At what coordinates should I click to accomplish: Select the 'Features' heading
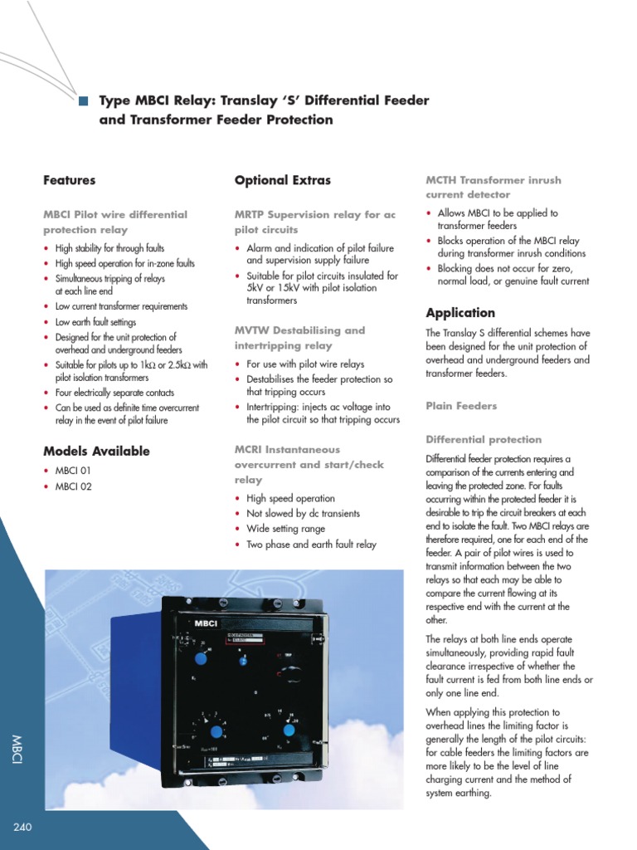pyautogui.click(x=69, y=180)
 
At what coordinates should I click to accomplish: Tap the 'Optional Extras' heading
pyautogui.click(x=282, y=180)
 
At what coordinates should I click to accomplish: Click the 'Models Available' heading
pyautogui.click(x=96, y=452)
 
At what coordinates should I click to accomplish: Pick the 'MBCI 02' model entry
pyautogui.click(x=73, y=486)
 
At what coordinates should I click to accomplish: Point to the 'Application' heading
pyautogui.click(x=460, y=313)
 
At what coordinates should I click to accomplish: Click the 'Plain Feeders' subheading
pyautogui.click(x=461, y=406)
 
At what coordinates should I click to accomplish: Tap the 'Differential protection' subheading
pyautogui.click(x=483, y=439)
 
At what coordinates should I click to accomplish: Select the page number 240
pyautogui.click(x=22, y=827)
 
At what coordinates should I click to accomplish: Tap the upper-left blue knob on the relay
pyautogui.click(x=201, y=658)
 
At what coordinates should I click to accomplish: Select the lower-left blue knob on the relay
pyautogui.click(x=216, y=731)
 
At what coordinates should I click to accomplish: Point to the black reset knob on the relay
pyautogui.click(x=290, y=671)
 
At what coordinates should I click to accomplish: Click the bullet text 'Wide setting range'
pyautogui.click(x=285, y=529)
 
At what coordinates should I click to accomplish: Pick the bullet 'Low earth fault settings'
pyautogui.click(x=95, y=322)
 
